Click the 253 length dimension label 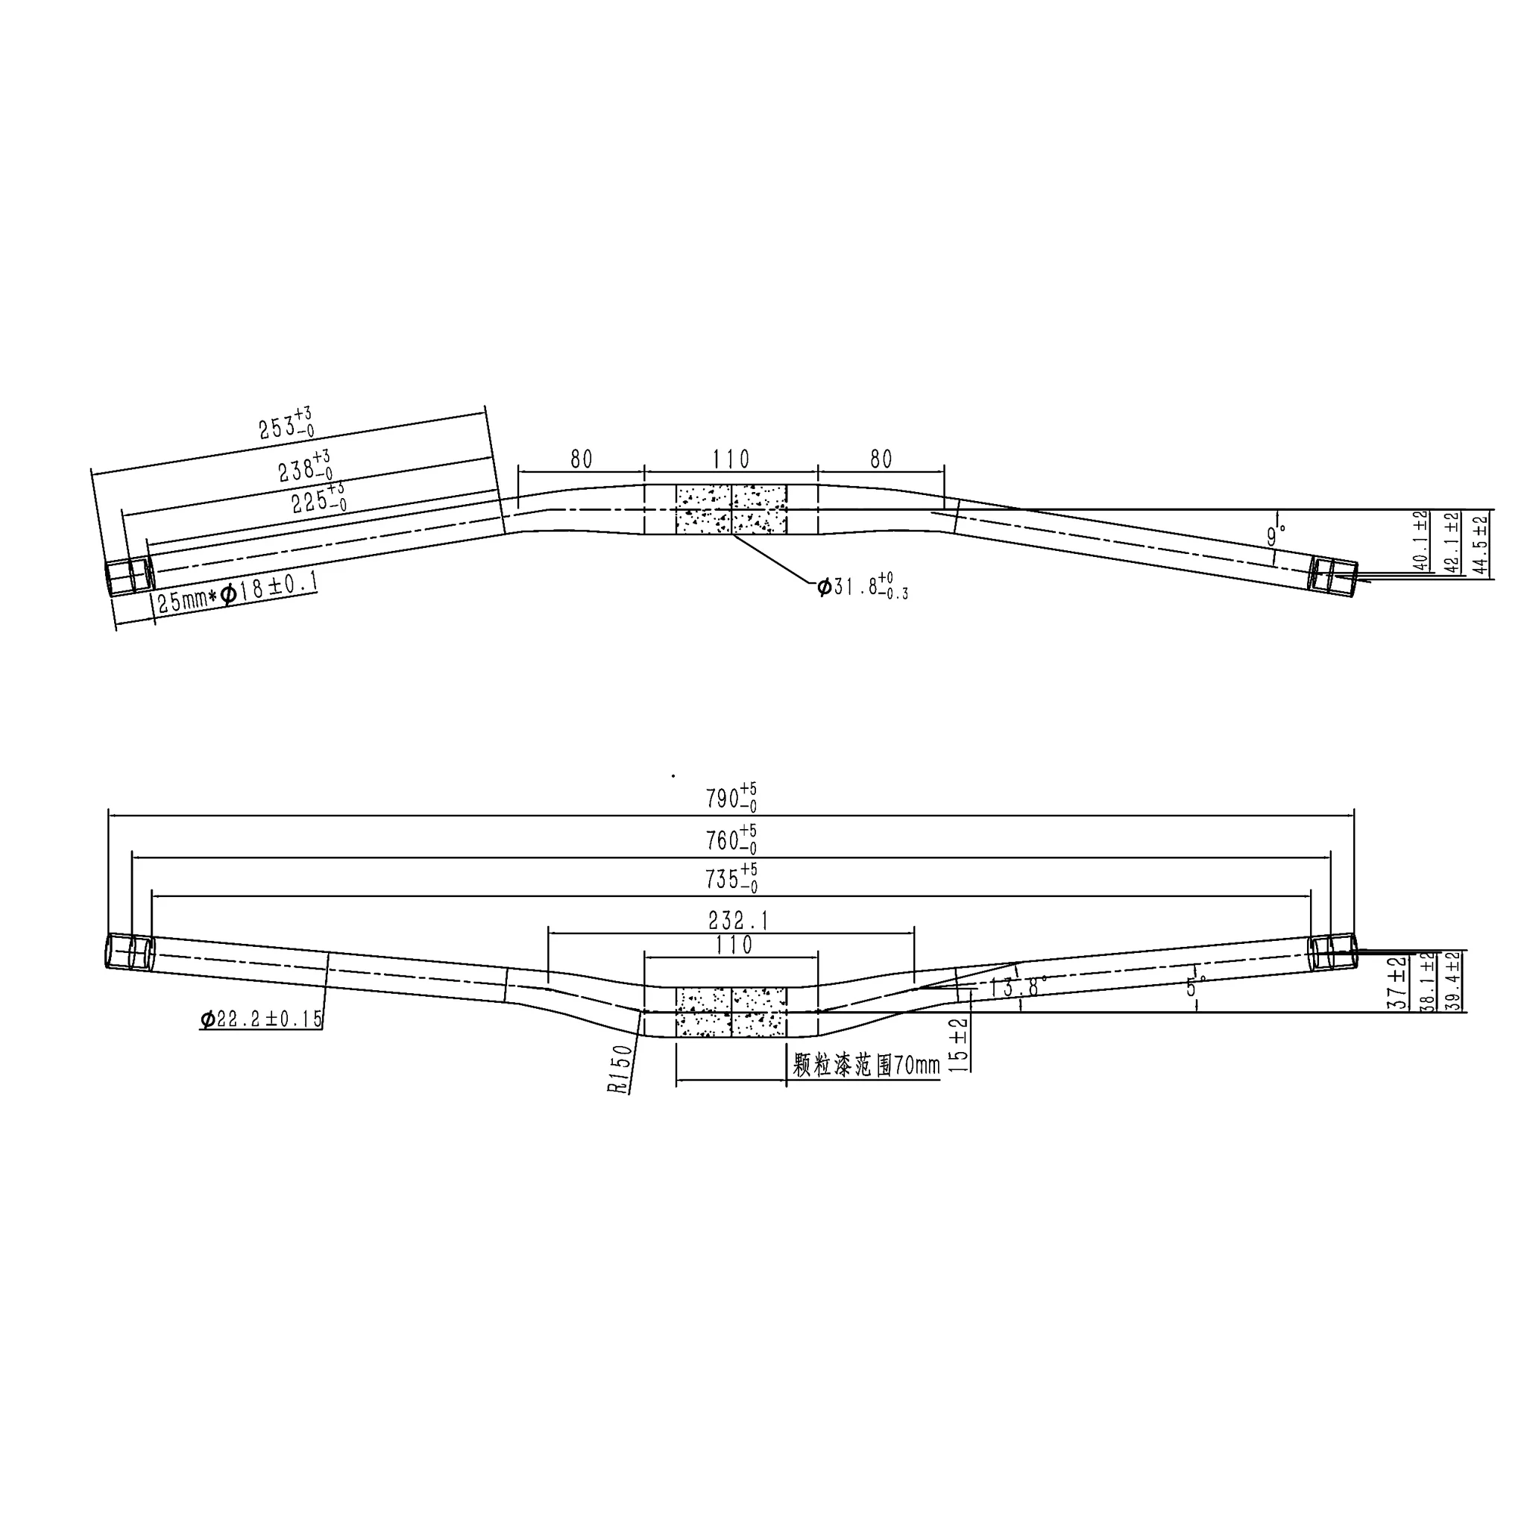point(286,424)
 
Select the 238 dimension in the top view point(305,466)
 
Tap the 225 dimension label point(319,498)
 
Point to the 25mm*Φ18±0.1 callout point(237,592)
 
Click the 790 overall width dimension point(731,797)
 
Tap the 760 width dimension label point(731,839)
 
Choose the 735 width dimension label point(731,878)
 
